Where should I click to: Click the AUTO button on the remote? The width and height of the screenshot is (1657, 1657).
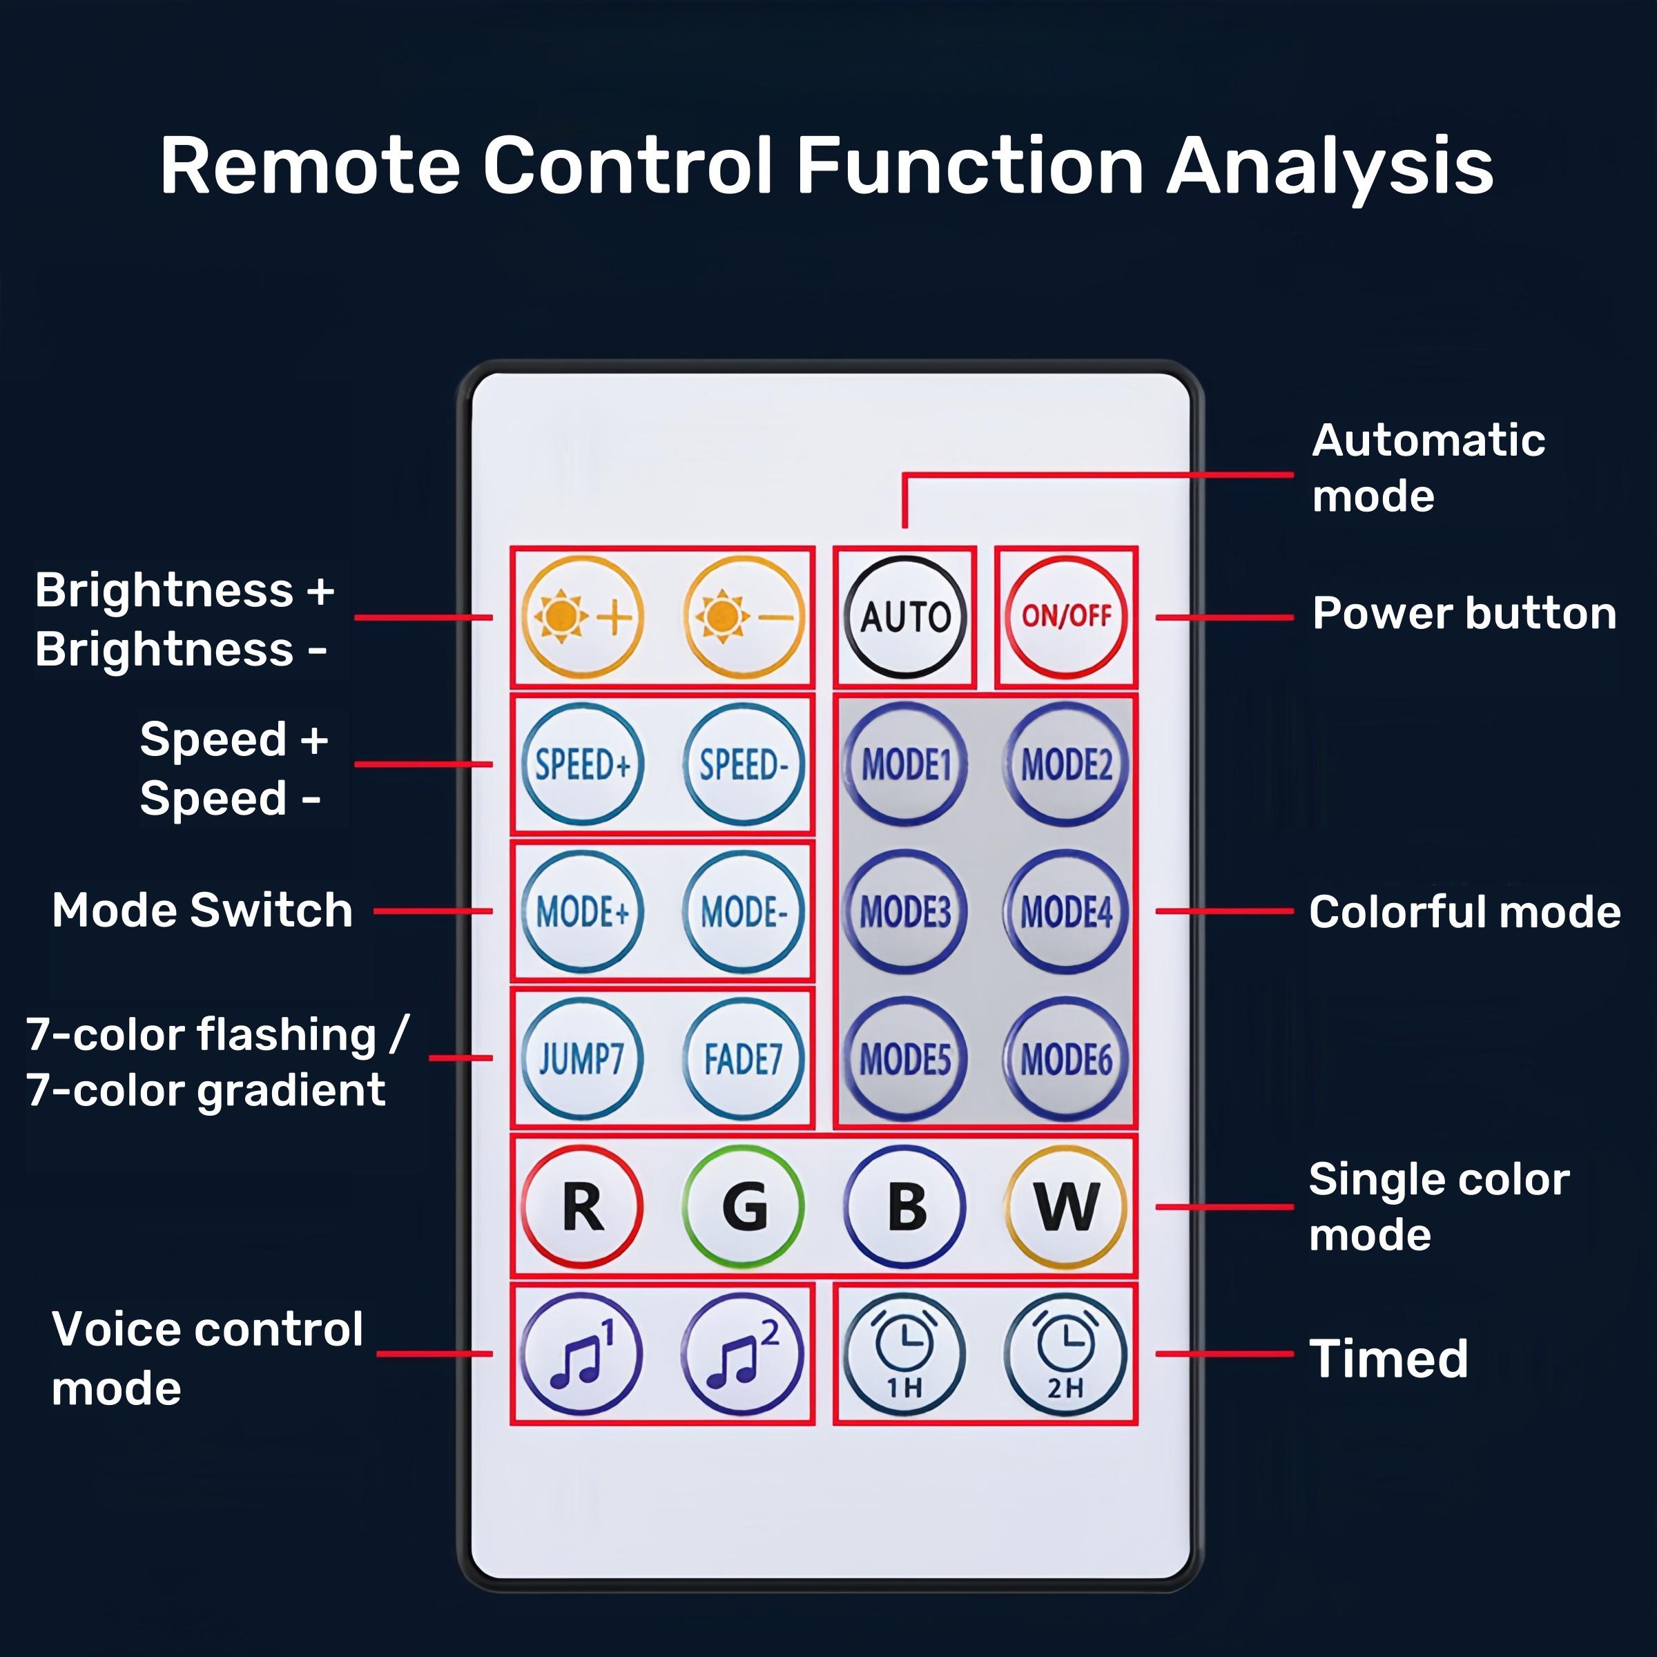pos(905,617)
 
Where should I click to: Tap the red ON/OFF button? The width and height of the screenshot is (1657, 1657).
pos(1066,617)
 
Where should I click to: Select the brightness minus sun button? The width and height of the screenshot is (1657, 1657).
pos(744,617)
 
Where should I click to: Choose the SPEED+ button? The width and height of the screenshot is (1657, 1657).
pos(582,764)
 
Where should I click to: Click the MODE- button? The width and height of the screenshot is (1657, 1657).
pos(744,911)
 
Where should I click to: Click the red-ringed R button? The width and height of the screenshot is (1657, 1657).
pos(582,1207)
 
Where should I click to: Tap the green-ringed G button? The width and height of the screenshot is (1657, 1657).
pos(744,1207)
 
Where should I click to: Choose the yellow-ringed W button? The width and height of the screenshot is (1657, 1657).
pos(1066,1207)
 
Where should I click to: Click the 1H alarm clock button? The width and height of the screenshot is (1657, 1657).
pos(905,1354)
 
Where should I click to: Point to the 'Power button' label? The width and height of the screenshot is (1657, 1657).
pos(1464,614)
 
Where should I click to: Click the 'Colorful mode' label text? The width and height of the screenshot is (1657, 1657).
pos(1464,911)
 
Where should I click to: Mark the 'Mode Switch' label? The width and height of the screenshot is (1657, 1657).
pos(202,910)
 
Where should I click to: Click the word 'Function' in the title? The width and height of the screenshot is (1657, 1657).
pos(969,166)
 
